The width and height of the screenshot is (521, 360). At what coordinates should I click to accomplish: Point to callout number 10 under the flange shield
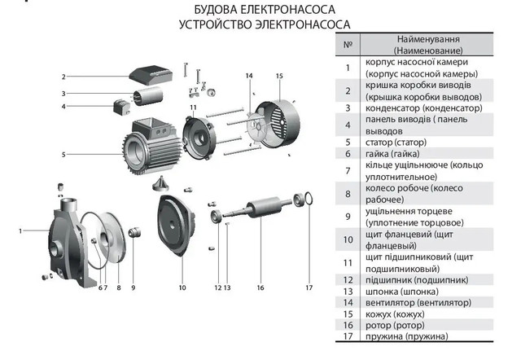pos(182,288)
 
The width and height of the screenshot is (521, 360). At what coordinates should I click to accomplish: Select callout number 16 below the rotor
pos(260,288)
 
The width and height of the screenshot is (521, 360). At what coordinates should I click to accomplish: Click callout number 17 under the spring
pos(309,288)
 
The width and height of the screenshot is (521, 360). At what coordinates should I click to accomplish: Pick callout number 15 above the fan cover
pos(278,76)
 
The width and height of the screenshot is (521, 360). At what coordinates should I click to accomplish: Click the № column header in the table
pos(348,44)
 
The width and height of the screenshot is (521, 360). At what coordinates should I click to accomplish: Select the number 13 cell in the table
pos(348,291)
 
